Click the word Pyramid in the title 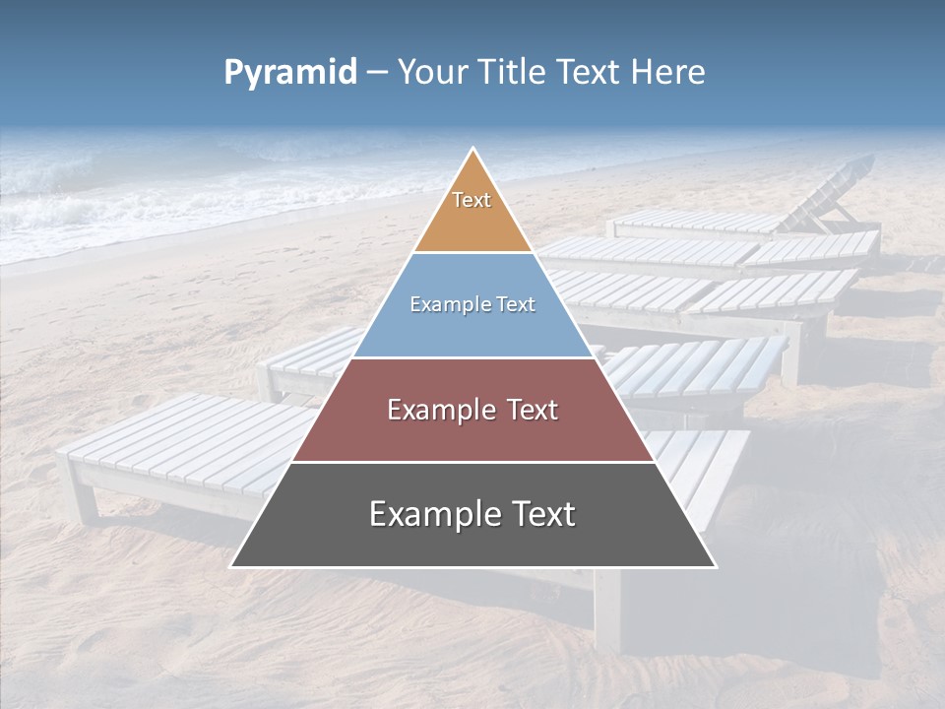[x=289, y=73]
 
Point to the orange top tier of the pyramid [x=472, y=222]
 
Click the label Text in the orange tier [x=472, y=200]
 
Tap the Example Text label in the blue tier [x=472, y=304]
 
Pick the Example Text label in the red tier [x=472, y=410]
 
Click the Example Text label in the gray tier [x=472, y=514]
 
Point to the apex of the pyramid [x=472, y=151]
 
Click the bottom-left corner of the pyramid [x=233, y=565]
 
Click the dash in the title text [x=376, y=73]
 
